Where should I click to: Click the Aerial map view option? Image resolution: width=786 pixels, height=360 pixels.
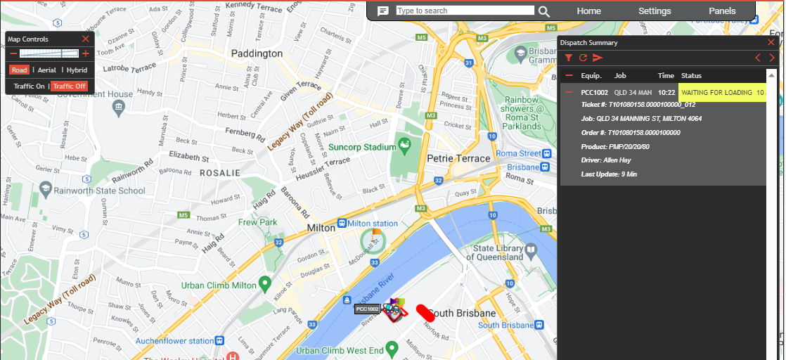point(47,70)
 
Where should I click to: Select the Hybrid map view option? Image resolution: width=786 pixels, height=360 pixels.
point(77,70)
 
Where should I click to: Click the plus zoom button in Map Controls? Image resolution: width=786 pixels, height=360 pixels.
point(86,53)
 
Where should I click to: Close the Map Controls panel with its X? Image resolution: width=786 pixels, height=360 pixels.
point(86,39)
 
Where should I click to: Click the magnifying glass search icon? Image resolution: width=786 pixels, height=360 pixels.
point(544,11)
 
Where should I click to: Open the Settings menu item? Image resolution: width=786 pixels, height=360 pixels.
point(655,11)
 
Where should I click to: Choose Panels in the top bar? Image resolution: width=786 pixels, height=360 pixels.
point(722,11)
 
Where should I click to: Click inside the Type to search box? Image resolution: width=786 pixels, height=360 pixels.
point(465,11)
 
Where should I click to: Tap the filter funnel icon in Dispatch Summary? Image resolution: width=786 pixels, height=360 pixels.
point(569,58)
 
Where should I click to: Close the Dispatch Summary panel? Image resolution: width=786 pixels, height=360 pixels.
point(771,43)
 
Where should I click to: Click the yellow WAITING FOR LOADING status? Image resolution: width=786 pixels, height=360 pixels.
point(721,93)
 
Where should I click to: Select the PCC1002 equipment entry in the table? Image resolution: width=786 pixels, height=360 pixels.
point(594,93)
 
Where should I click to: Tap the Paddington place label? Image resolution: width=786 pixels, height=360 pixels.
point(257,53)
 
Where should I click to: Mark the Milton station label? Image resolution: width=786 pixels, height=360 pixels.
point(372,224)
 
